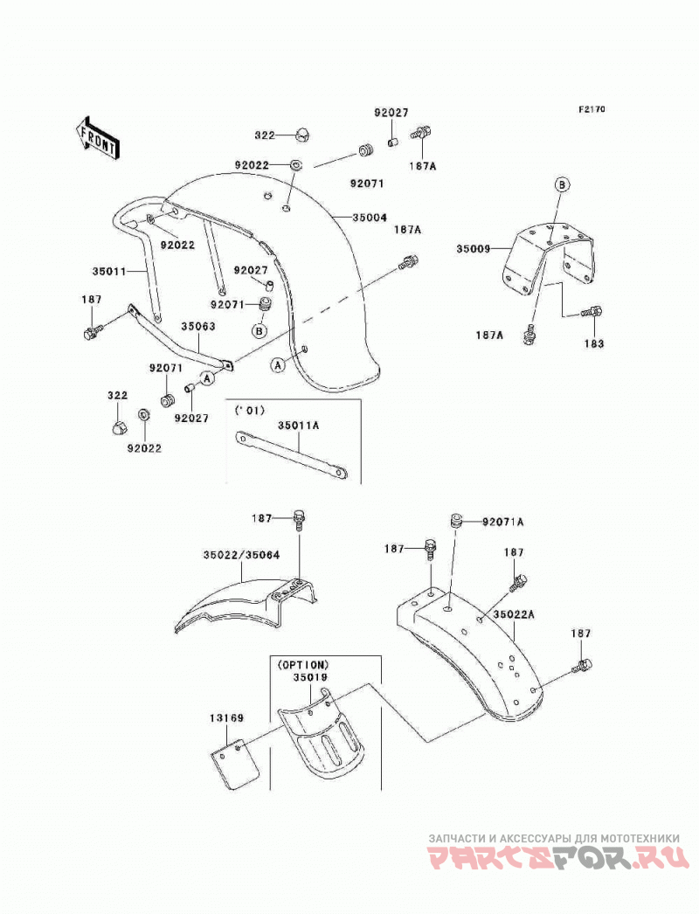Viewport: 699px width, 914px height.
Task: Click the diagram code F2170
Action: [592, 109]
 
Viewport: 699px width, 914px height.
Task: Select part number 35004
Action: [370, 218]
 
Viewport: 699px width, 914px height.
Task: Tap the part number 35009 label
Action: [474, 249]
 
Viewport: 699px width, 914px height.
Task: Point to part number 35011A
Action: [299, 426]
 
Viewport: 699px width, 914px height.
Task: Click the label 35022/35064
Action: [241, 555]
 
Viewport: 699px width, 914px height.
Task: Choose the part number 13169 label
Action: [227, 718]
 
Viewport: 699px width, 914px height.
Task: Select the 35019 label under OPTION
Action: [310, 677]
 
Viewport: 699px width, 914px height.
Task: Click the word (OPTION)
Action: [303, 664]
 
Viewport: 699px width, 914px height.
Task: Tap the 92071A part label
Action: [502, 522]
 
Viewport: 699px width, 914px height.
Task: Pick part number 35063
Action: [197, 327]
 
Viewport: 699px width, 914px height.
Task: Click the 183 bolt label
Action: [594, 343]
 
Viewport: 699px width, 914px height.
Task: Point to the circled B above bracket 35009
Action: [561, 185]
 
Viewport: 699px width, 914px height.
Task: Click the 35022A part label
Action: [514, 614]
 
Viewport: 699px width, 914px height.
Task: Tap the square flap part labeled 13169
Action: [234, 764]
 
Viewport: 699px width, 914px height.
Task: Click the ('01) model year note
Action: [249, 411]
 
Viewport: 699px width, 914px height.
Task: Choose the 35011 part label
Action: [109, 271]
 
